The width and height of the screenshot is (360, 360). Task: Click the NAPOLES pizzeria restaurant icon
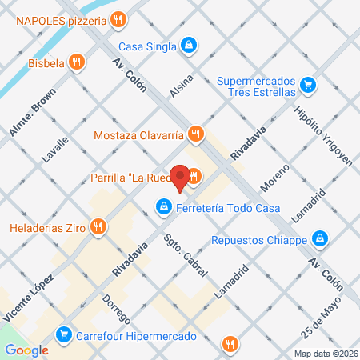[x=118, y=18]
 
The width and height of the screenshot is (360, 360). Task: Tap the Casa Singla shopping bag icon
[x=189, y=46]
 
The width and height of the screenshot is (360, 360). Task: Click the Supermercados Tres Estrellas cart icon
[x=307, y=84]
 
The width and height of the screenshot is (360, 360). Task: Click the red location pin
[x=181, y=178]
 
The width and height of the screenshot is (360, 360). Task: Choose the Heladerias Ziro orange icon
[x=98, y=228]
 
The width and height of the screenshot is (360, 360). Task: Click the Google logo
[x=26, y=350]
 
